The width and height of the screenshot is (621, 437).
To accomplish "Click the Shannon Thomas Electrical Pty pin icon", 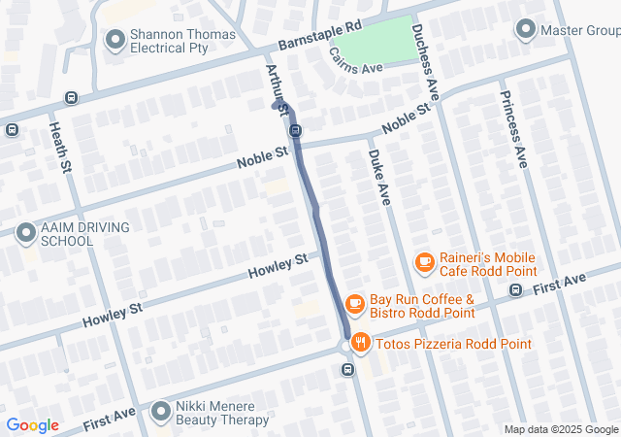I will click(115, 39).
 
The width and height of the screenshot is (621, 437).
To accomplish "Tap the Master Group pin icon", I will click(526, 30).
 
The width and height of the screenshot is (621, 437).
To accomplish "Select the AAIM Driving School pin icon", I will click(26, 233).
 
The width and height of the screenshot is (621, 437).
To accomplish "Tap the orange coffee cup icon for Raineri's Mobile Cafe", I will click(424, 261).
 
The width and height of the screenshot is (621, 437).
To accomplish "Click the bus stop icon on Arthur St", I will click(295, 131).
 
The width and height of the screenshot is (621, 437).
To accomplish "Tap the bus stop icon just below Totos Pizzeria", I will click(346, 369).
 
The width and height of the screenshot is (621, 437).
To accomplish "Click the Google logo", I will click(32, 425).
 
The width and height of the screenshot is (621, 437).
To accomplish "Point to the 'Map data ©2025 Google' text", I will click(561, 429).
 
